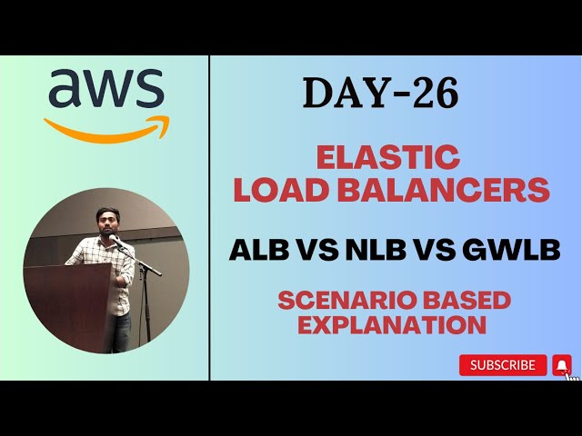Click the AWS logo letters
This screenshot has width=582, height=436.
pos(106,90)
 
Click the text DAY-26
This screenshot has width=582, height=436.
pos(380,93)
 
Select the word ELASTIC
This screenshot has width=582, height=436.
pos(388,157)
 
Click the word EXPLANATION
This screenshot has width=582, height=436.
pos(392,324)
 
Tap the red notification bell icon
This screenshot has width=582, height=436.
pos(562,365)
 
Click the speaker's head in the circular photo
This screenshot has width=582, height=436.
pos(108,222)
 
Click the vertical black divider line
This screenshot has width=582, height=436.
pos(210,218)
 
